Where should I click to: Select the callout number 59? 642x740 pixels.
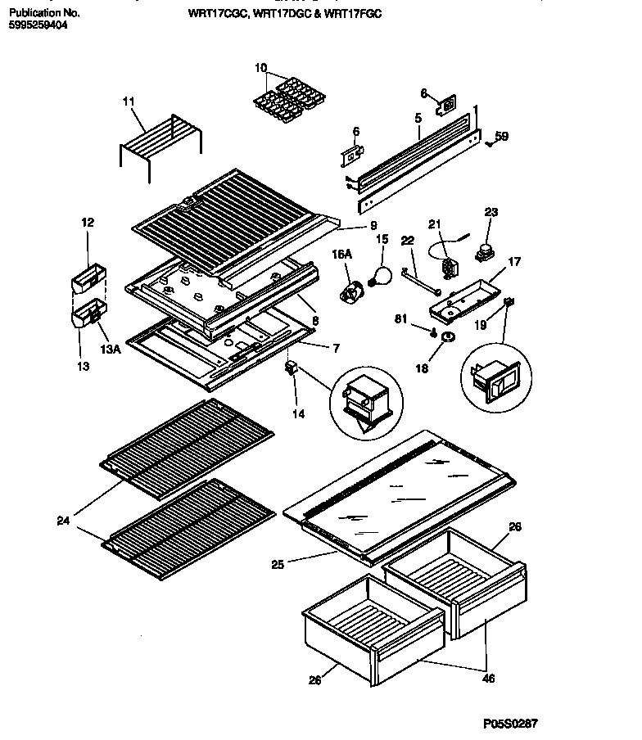[x=501, y=137]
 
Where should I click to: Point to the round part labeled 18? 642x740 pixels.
[x=448, y=337]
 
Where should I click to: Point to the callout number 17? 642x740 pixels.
[x=514, y=264]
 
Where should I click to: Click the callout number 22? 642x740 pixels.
[x=408, y=241]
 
